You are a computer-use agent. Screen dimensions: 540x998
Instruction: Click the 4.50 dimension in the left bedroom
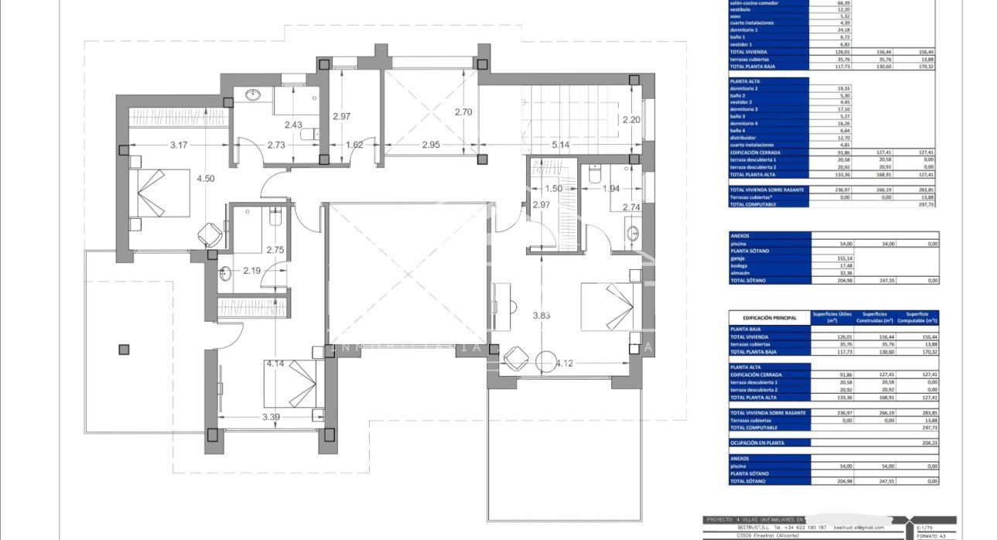(206, 179)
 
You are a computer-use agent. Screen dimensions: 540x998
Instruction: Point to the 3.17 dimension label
(179, 145)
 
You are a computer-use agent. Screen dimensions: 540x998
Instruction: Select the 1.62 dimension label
(354, 145)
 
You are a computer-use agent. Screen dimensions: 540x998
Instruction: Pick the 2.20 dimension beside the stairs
(632, 120)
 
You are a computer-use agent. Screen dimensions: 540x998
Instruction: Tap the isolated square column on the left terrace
(124, 350)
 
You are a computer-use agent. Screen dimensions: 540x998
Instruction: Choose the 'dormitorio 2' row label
(747, 88)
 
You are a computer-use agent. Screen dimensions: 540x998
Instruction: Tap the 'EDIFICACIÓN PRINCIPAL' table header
(769, 317)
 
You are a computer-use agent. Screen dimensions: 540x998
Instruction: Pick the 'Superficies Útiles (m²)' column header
(832, 317)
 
